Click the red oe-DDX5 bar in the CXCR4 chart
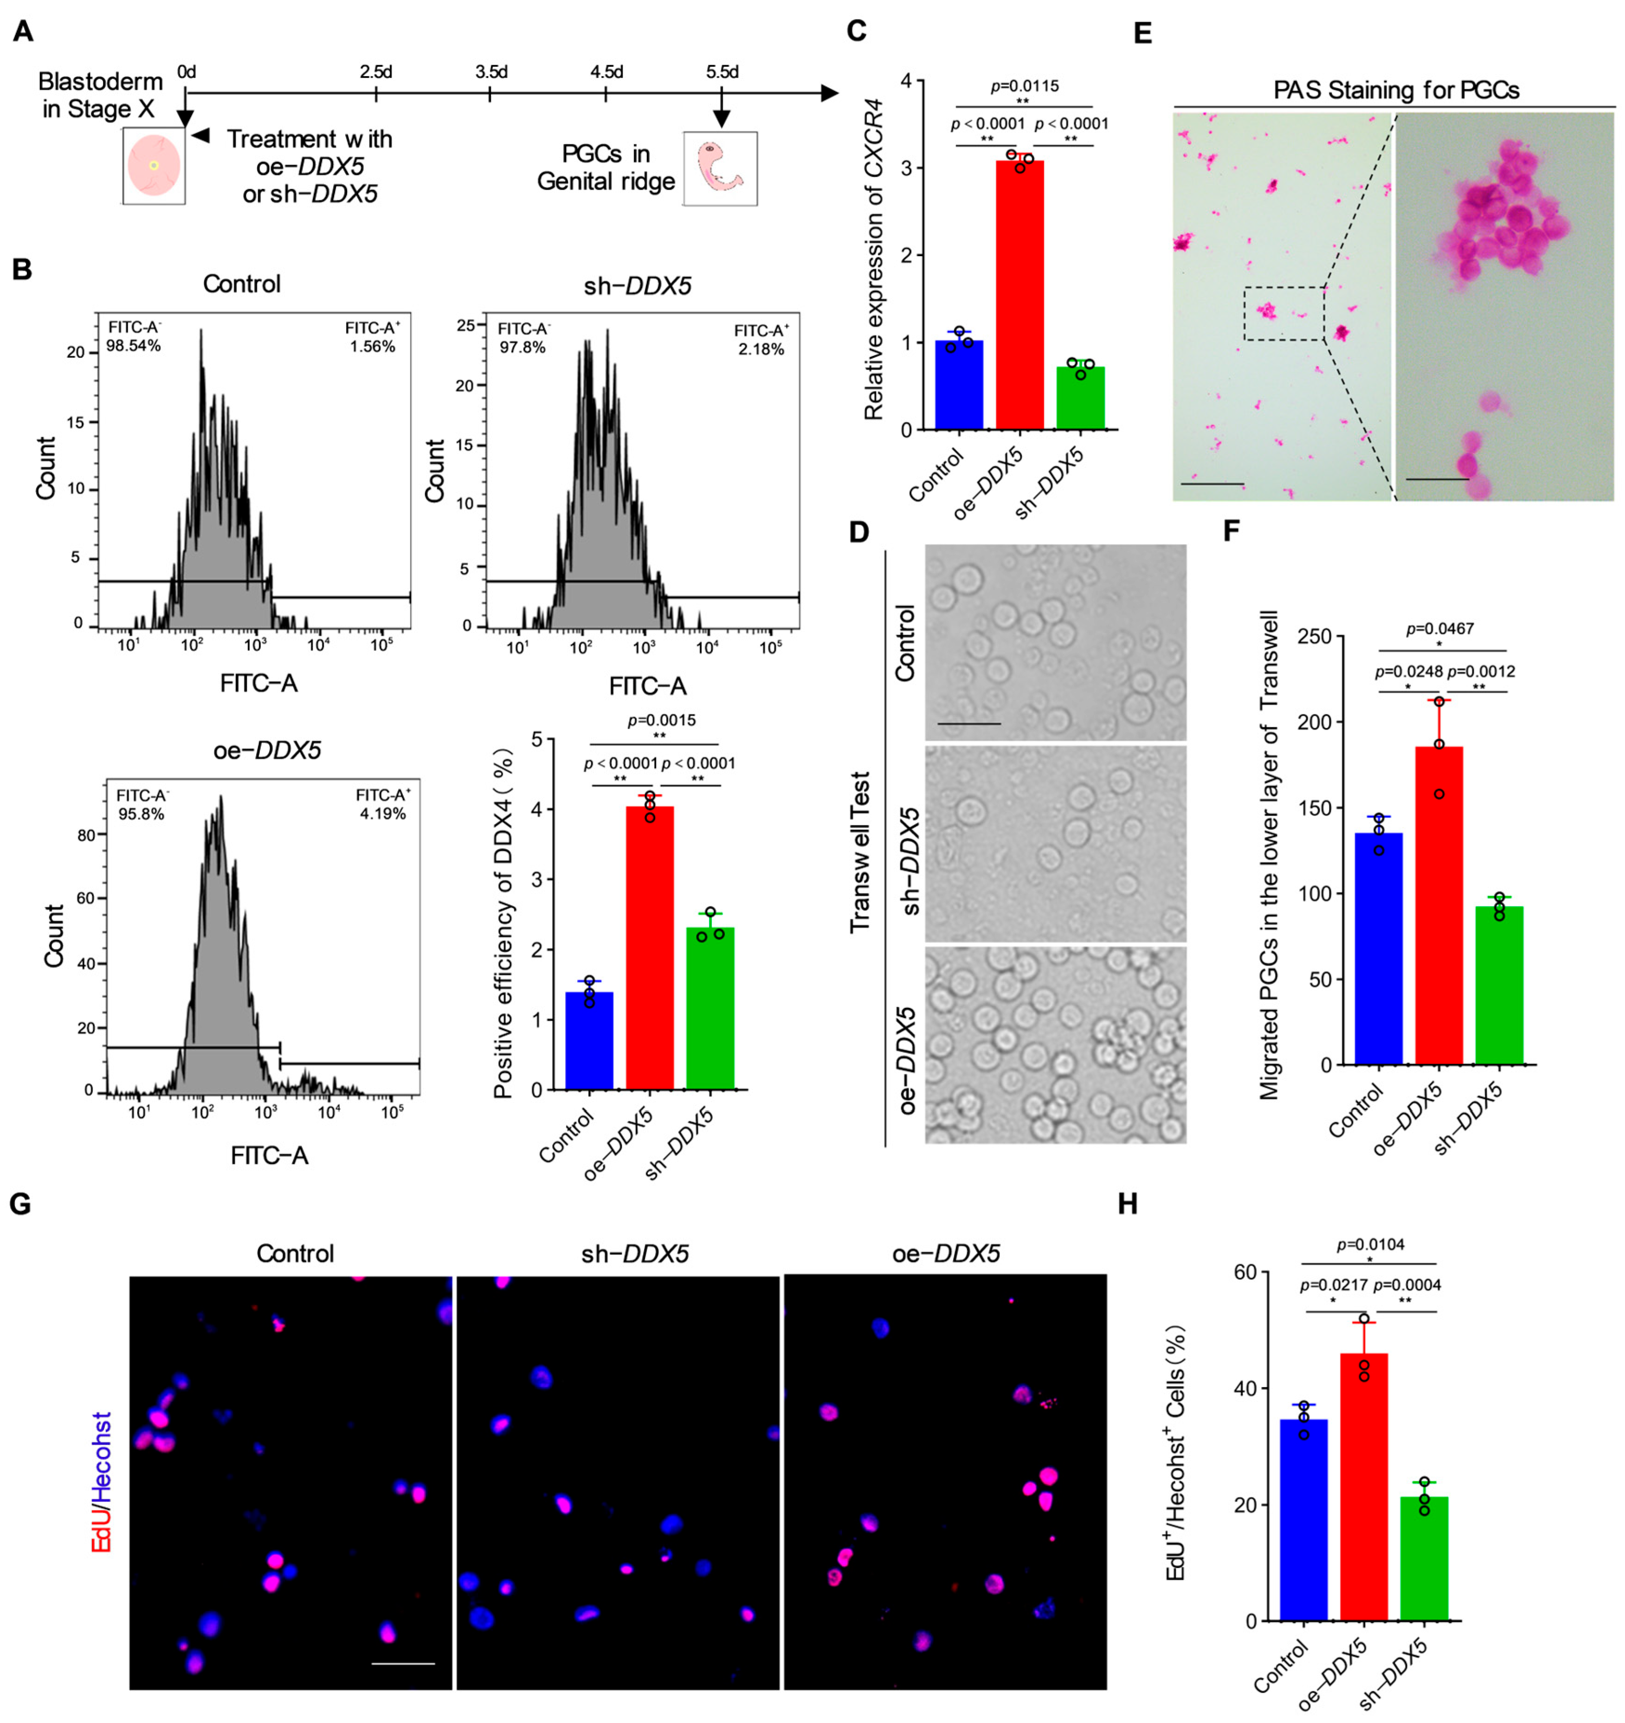coord(1019,295)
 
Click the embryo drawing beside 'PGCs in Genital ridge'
coord(720,169)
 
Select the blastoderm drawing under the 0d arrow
coord(154,165)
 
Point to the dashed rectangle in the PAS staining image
coord(1283,314)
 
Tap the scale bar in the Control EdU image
coord(403,1663)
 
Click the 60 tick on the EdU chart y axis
coord(1245,1272)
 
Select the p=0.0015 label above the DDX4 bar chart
coord(661,720)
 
